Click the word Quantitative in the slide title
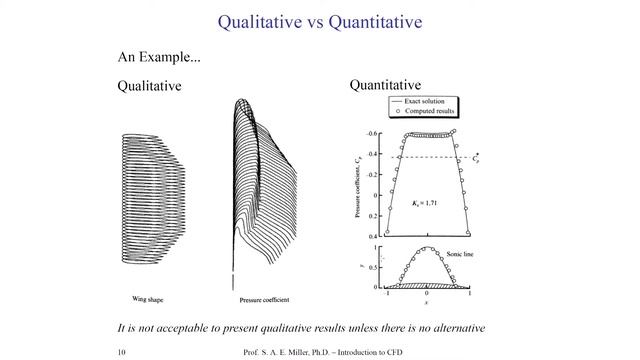point(374,21)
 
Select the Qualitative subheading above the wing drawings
point(149,86)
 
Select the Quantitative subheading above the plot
point(385,86)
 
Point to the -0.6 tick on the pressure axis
point(371,133)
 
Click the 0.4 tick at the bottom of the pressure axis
point(373,234)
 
